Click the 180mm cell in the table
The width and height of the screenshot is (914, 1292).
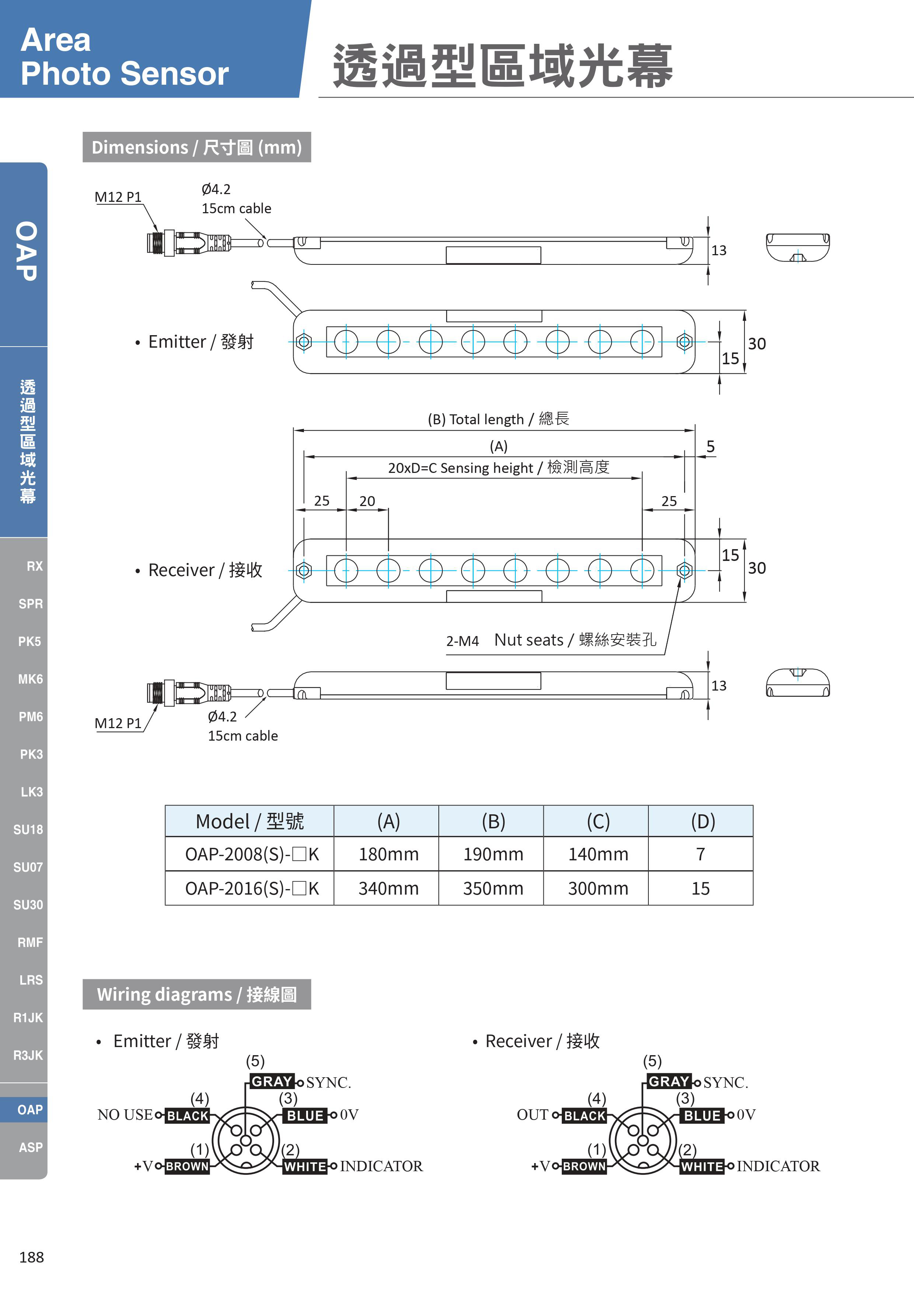click(388, 854)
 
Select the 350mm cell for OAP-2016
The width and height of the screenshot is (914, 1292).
click(493, 889)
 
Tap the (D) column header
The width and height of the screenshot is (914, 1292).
click(703, 822)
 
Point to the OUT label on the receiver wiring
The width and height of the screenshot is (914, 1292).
click(532, 1115)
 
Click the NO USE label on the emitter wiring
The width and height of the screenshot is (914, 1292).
click(125, 1115)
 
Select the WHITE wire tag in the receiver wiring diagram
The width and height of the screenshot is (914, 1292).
click(701, 1166)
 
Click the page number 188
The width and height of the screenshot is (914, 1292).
click(32, 1257)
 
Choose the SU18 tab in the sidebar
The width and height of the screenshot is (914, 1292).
click(28, 829)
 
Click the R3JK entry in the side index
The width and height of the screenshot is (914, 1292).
click(28, 1055)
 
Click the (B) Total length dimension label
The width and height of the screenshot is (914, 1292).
click(498, 419)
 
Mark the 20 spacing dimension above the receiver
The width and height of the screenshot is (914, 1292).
click(367, 501)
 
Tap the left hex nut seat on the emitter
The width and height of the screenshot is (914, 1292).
click(304, 341)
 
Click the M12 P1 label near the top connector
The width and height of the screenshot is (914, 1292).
click(118, 197)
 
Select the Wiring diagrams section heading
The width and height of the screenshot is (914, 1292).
click(196, 994)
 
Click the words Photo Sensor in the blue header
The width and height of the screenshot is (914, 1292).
click(125, 74)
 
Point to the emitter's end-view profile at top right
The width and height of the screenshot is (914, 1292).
click(798, 247)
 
